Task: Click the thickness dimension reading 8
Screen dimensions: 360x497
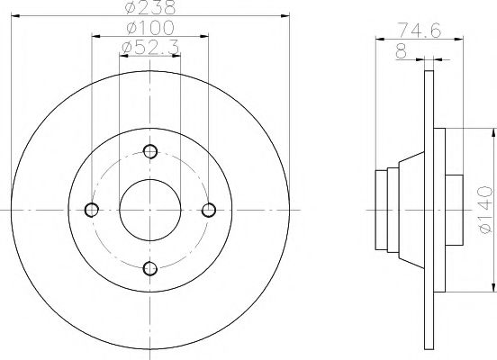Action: coord(400,51)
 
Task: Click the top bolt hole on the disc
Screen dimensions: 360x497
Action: coord(149,151)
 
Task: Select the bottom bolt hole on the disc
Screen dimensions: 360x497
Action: coord(149,268)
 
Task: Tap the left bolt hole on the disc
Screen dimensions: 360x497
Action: coord(91,210)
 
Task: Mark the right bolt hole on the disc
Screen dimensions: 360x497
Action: coord(209,210)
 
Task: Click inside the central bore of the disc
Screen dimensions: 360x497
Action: coord(149,210)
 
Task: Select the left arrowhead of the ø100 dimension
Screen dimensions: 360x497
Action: coord(95,35)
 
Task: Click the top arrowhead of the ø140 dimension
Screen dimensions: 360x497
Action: coord(492,132)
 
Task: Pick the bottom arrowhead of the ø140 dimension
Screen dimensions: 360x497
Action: coord(492,287)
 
